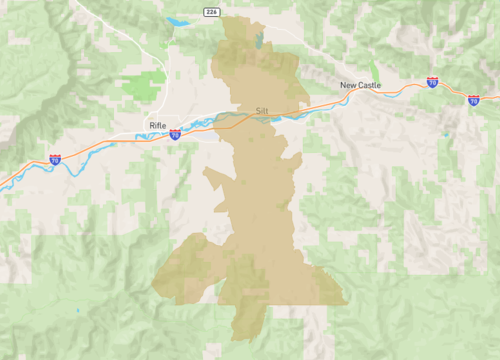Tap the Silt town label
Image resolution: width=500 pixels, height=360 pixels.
262,110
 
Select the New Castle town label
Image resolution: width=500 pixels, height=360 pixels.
360,86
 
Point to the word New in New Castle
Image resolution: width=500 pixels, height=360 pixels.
347,86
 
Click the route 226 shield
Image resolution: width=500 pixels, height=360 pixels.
211,11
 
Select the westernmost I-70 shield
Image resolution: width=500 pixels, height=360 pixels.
55,159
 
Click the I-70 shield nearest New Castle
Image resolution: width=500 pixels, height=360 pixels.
432,83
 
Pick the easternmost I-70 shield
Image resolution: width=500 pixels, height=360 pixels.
472,100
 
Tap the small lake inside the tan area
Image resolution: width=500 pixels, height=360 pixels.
260,41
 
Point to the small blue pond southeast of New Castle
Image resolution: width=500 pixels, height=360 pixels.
444,133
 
